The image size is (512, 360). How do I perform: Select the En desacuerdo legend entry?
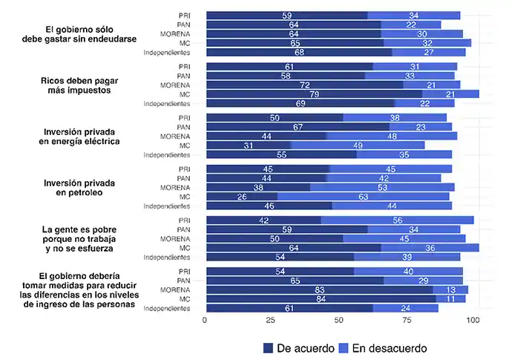click(381, 347)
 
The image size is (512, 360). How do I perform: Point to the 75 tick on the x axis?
click(407, 321)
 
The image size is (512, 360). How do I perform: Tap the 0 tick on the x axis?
click(205, 321)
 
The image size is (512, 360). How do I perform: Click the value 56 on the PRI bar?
click(397, 220)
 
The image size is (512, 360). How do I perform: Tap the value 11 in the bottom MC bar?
click(450, 298)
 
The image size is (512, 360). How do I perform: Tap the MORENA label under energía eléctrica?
click(175, 136)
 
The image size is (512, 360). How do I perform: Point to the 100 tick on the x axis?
click(473, 321)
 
